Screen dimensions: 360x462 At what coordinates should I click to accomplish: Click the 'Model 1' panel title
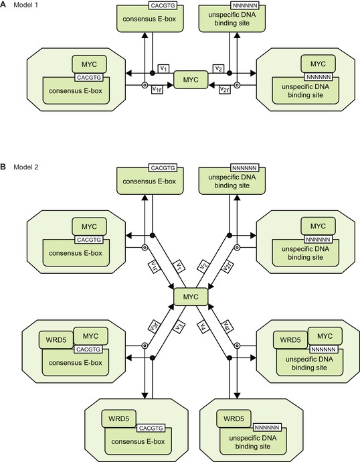pyautogui.click(x=25, y=5)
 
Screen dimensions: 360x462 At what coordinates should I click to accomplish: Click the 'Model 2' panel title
pyautogui.click(x=25, y=167)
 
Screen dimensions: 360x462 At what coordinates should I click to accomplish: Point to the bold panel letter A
pyautogui.click(x=3, y=5)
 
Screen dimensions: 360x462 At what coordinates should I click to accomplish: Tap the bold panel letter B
pyautogui.click(x=3, y=167)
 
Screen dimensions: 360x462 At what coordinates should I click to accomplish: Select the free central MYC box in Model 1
pyautogui.click(x=191, y=80)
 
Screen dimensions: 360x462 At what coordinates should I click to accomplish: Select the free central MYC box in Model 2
pyautogui.click(x=191, y=297)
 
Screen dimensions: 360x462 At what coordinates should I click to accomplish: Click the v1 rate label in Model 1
pyautogui.click(x=164, y=69)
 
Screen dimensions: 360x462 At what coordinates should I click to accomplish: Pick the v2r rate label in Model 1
pyautogui.click(x=225, y=90)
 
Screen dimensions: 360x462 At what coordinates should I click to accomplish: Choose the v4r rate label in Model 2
pyautogui.click(x=227, y=326)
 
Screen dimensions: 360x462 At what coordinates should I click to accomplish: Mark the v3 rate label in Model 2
pyautogui.click(x=179, y=327)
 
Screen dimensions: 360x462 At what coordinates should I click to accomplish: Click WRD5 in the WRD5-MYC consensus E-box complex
pyautogui.click(x=56, y=339)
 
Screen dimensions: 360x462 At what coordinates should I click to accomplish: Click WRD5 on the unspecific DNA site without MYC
pyautogui.click(x=234, y=418)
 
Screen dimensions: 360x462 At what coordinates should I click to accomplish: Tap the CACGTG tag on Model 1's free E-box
pyautogui.click(x=163, y=5)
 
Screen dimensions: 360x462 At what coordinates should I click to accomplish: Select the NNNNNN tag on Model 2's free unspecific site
pyautogui.click(x=245, y=168)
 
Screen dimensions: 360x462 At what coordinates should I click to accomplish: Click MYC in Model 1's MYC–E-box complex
pyautogui.click(x=89, y=64)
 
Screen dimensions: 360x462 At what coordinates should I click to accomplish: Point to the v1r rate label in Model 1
pyautogui.click(x=157, y=90)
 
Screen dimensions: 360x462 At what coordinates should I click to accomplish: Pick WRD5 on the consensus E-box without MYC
pyautogui.click(x=118, y=418)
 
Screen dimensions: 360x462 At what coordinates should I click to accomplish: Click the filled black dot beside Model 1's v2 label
pyautogui.click(x=230, y=73)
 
